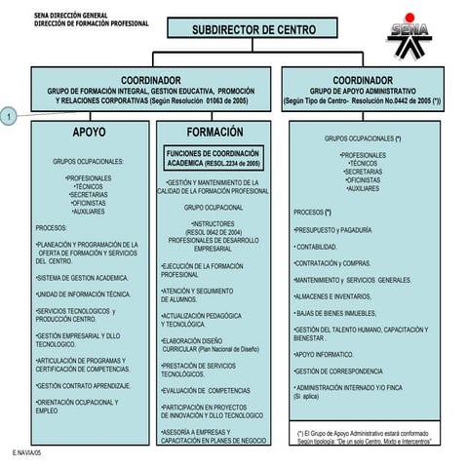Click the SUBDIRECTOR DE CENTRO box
253,29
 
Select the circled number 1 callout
9,117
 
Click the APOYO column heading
89,132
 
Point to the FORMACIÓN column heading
215,132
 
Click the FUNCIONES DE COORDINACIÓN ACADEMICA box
214,159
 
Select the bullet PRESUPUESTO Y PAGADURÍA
332,230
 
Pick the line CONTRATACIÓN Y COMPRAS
332,262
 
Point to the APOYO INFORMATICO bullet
324,355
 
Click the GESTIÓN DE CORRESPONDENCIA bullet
338,371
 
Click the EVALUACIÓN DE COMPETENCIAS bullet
206,390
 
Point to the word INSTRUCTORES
214,223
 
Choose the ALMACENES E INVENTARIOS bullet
332,295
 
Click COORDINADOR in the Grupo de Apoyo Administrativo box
362,80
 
